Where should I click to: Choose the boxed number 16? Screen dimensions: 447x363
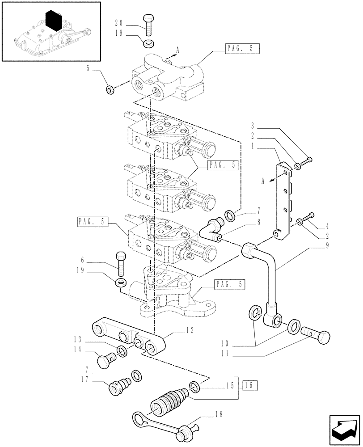[x=251, y=384]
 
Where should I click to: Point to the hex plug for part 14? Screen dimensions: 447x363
[x=105, y=358]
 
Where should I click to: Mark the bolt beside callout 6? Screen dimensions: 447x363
[x=121, y=264]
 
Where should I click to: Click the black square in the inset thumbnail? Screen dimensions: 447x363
[x=53, y=20]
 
